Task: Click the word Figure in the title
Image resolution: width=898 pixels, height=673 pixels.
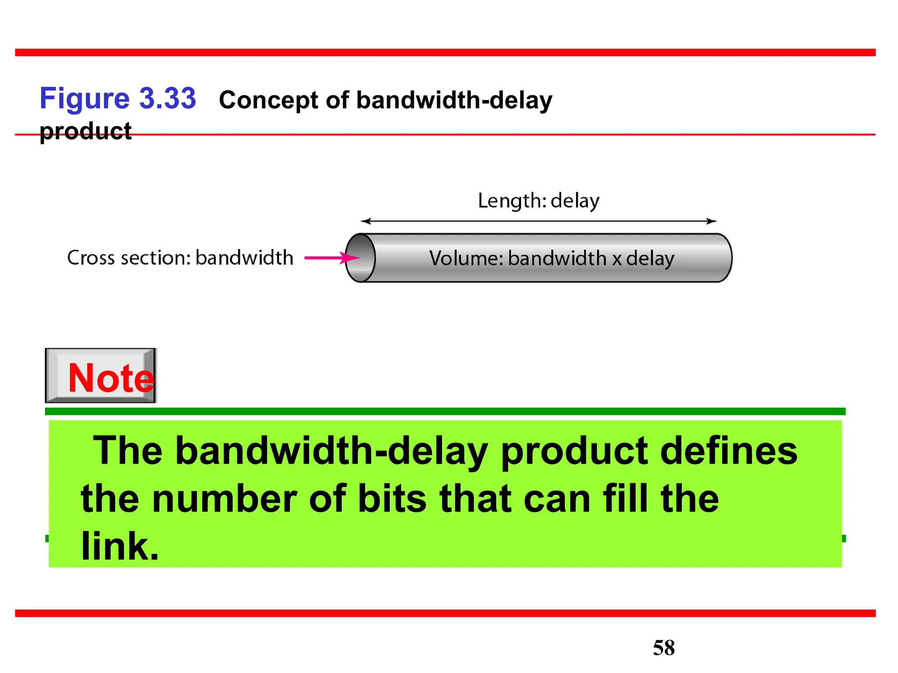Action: [84, 99]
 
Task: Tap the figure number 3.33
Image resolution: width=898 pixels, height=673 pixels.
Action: [167, 99]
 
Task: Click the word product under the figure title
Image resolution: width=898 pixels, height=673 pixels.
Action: [86, 131]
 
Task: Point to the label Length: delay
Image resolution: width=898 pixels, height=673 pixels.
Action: [538, 201]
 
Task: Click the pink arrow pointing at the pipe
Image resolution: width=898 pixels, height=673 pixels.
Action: [331, 258]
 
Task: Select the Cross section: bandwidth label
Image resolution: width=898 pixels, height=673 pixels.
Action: [180, 258]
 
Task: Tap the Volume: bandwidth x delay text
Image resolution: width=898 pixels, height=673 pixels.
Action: [551, 258]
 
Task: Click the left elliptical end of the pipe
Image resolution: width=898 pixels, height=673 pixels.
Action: [360, 258]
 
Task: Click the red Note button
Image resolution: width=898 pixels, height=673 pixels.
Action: [101, 376]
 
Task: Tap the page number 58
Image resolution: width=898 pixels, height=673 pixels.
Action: [663, 648]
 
